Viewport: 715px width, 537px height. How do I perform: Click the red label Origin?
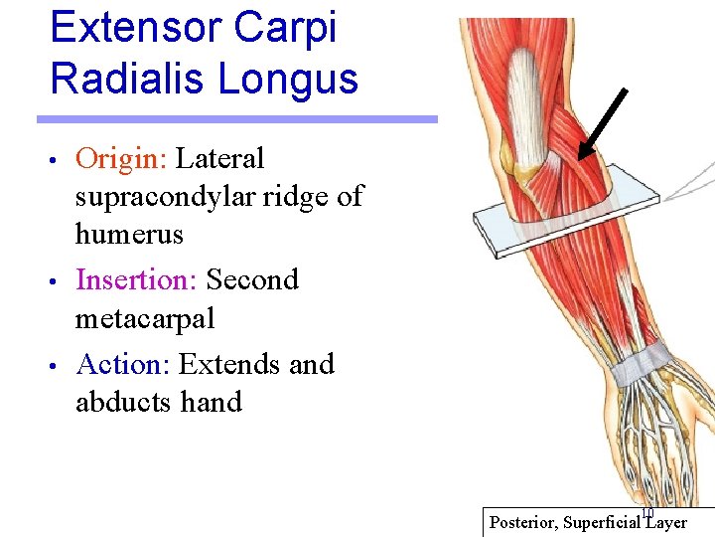pos(121,159)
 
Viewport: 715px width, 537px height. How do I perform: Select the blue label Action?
pos(123,364)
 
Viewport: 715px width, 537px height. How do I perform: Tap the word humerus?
pos(129,235)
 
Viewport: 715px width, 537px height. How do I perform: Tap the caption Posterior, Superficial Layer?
pos(588,523)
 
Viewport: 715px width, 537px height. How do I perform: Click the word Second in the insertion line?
pos(252,280)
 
